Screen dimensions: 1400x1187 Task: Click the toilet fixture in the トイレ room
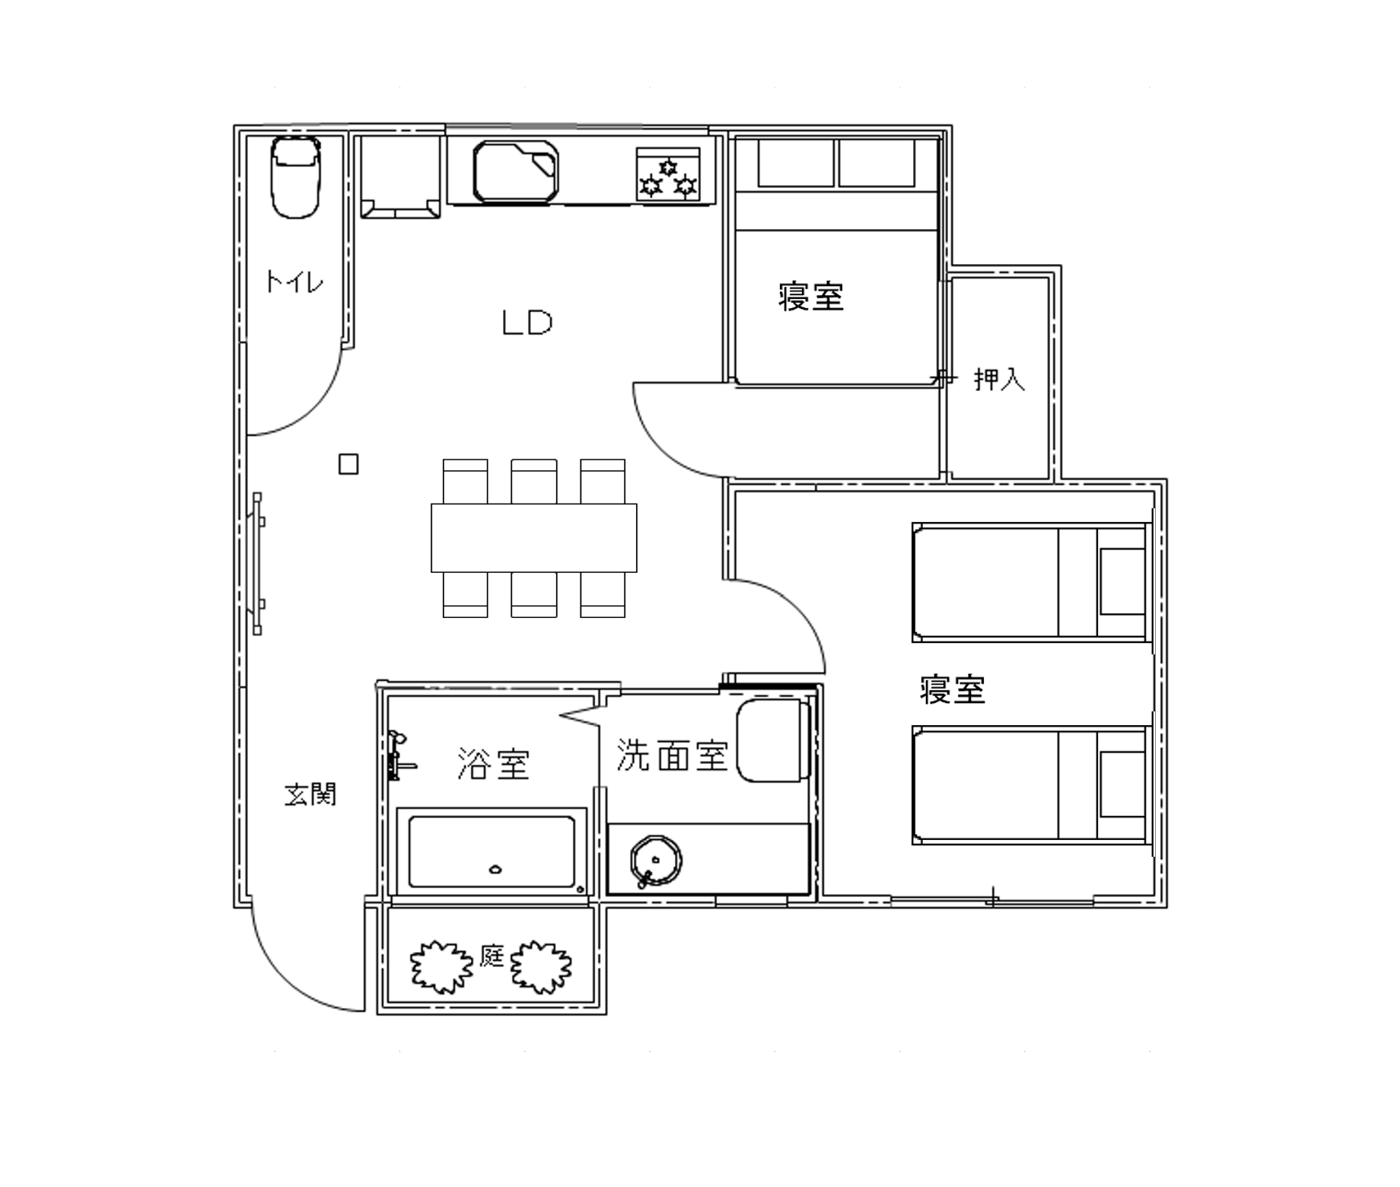[296, 177]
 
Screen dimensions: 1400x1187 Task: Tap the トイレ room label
[294, 282]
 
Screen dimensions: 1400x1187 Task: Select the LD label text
[527, 323]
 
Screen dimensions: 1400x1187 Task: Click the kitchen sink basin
[516, 171]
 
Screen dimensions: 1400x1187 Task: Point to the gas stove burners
[668, 174]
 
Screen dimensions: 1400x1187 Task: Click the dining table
[534, 537]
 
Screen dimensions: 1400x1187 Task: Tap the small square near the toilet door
[348, 464]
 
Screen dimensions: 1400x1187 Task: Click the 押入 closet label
[1000, 379]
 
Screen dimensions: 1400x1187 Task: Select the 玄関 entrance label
[310, 794]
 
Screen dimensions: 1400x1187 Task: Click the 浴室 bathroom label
[493, 763]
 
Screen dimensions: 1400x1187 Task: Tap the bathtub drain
[495, 869]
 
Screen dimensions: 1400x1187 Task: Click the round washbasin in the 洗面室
[655, 861]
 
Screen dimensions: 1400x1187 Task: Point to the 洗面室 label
[673, 756]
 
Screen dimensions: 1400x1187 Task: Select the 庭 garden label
[492, 956]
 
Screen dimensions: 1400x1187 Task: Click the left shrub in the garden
[441, 966]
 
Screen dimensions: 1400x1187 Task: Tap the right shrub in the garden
[541, 967]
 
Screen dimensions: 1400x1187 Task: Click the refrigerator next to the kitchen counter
[400, 177]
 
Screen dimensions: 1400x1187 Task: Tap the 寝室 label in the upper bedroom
[811, 296]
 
